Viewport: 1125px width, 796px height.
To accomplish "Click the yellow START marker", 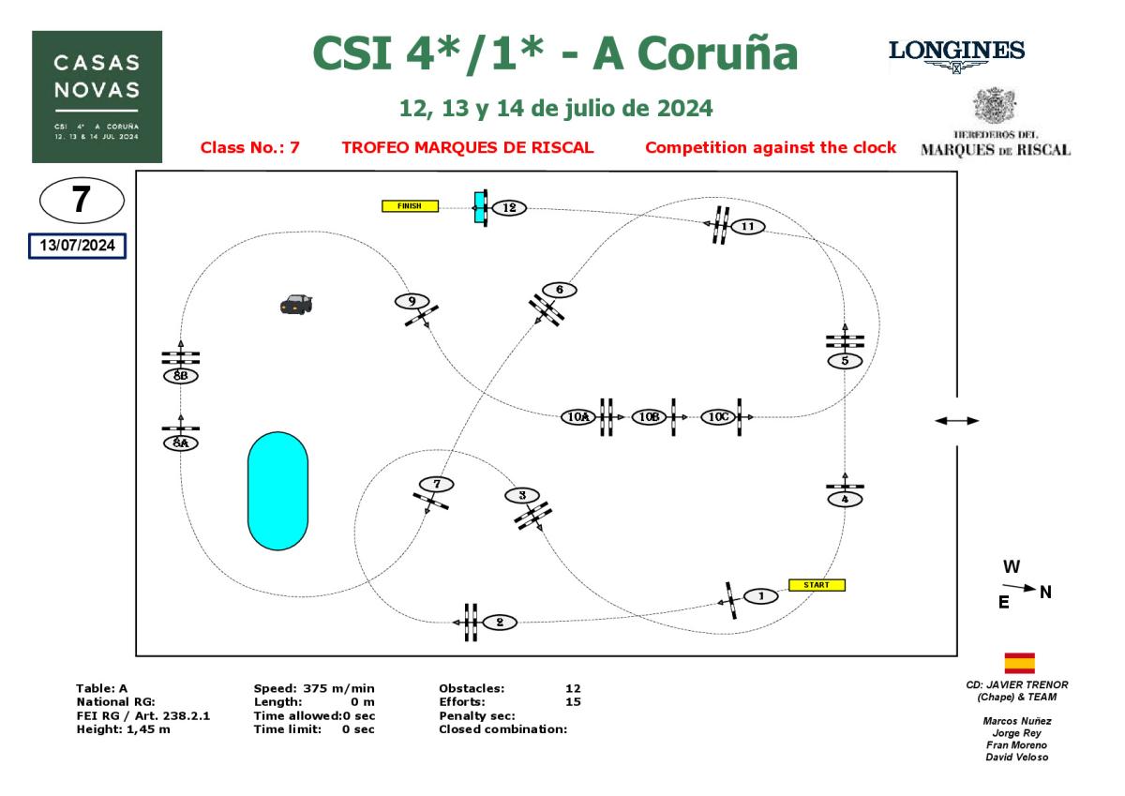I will [817, 585].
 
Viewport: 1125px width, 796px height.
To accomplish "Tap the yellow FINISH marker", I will [410, 206].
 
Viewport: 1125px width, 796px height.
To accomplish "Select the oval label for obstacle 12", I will [509, 207].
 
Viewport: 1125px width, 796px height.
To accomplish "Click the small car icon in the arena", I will [296, 304].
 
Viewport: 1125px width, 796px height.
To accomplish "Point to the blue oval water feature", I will [277, 490].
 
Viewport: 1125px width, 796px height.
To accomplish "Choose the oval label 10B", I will [648, 416].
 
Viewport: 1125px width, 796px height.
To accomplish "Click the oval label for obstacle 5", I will [845, 360].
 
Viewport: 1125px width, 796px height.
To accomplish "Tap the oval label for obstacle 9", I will [411, 301].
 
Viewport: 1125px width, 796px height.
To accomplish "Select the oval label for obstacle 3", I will [521, 495].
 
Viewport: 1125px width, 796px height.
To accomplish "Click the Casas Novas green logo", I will [97, 97].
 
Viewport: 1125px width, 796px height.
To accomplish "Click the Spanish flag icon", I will [1019, 663].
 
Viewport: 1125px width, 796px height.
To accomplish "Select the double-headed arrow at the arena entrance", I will [957, 421].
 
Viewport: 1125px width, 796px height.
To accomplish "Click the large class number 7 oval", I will [82, 201].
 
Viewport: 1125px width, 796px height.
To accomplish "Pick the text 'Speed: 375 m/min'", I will [314, 688].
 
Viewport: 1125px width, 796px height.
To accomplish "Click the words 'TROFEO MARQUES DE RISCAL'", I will [468, 147].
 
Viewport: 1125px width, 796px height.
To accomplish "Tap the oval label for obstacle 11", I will [747, 226].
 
